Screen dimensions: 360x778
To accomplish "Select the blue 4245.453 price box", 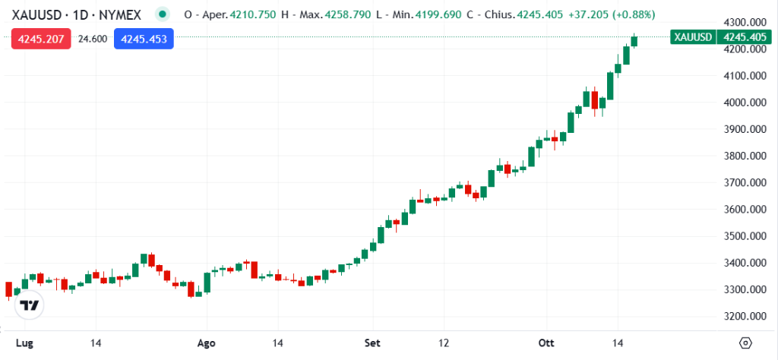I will pos(144,39).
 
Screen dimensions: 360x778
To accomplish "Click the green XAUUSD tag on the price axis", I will pos(691,36).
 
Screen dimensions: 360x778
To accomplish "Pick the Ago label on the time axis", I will pos(207,342).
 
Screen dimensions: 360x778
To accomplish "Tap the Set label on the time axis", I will pos(372,342).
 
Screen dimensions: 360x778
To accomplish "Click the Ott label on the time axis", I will pos(546,342).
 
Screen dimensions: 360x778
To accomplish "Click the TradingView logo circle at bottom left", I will pos(30,306).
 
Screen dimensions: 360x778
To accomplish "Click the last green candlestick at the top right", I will pos(634,40).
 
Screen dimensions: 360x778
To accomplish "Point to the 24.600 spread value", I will pos(92,39).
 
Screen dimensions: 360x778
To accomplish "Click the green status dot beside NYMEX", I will pos(162,14).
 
